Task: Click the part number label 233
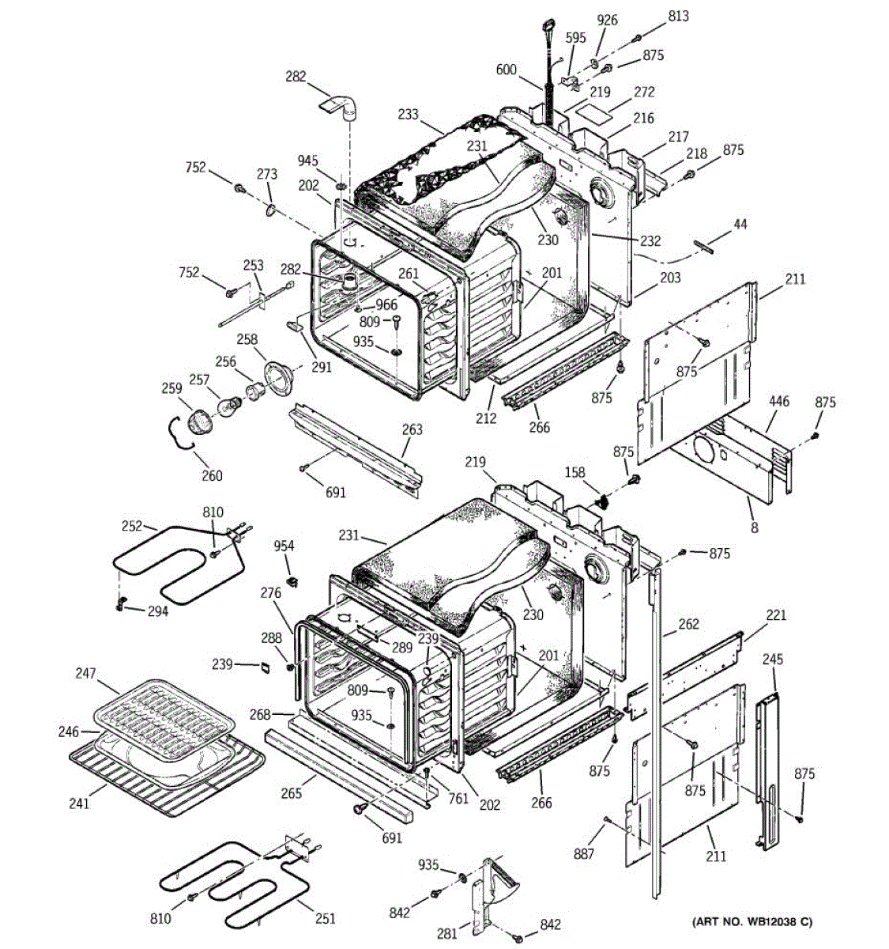(408, 114)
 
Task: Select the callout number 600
(506, 70)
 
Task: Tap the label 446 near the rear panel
(778, 403)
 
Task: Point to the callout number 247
(85, 674)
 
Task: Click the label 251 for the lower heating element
(325, 918)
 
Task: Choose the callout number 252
(132, 525)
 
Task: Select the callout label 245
(773, 660)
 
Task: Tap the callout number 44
(740, 225)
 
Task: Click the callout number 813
(678, 16)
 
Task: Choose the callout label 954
(284, 546)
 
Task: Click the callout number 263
(412, 429)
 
